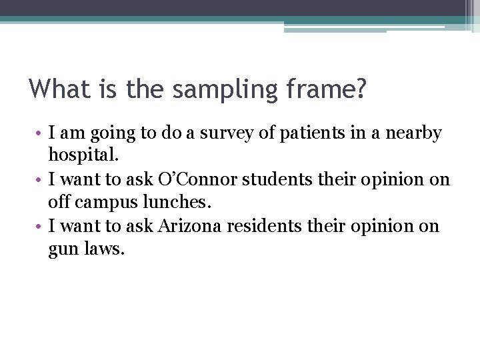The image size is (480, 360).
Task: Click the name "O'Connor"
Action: (x=193, y=180)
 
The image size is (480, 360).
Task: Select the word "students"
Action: (x=277, y=180)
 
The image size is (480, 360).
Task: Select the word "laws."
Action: (x=104, y=250)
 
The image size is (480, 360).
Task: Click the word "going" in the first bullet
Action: (x=108, y=135)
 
